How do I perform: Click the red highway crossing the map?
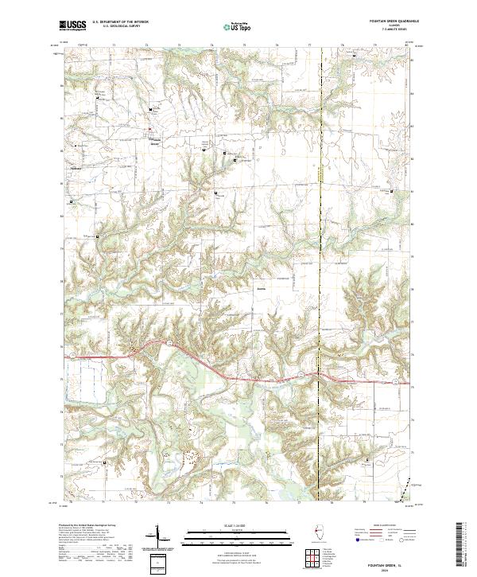[x=238, y=372]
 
